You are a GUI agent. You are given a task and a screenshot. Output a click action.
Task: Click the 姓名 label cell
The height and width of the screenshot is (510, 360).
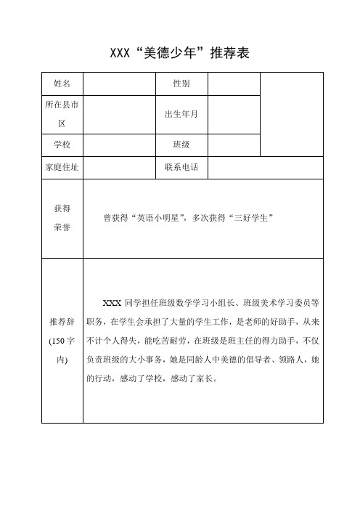pyautogui.click(x=62, y=84)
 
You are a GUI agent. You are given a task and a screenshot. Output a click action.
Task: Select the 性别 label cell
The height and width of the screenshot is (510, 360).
pyautogui.click(x=182, y=84)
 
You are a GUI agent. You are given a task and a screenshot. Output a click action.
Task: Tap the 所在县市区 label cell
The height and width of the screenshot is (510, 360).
pyautogui.click(x=62, y=114)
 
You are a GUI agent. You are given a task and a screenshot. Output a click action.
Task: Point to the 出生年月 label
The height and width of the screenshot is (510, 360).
pyautogui.click(x=182, y=114)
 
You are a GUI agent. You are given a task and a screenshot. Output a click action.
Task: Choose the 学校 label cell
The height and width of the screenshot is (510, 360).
pyautogui.click(x=62, y=145)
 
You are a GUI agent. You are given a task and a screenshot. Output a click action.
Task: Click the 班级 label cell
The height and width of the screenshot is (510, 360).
pyautogui.click(x=182, y=145)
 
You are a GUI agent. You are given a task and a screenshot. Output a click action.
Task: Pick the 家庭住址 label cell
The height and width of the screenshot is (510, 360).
pyautogui.click(x=62, y=169)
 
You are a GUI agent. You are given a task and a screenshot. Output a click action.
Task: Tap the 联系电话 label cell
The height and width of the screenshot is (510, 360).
pyautogui.click(x=182, y=169)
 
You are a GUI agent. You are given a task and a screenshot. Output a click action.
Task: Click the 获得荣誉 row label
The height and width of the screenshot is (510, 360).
pyautogui.click(x=62, y=217)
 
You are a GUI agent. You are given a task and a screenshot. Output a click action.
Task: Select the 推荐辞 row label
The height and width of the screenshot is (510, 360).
pyautogui.click(x=62, y=339)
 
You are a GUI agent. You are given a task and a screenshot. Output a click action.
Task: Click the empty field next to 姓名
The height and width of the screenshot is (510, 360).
pyautogui.click(x=120, y=84)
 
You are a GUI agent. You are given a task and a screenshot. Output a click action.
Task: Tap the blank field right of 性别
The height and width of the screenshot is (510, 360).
pyautogui.click(x=234, y=84)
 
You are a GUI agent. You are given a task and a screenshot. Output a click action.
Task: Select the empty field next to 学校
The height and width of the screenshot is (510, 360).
pyautogui.click(x=120, y=145)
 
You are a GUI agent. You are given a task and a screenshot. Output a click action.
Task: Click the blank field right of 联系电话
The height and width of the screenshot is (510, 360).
pyautogui.click(x=265, y=169)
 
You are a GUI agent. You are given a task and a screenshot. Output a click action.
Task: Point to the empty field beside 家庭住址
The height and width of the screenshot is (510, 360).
pyautogui.click(x=120, y=169)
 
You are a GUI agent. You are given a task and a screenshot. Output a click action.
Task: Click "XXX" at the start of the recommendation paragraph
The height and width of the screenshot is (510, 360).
pyautogui.click(x=112, y=301)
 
